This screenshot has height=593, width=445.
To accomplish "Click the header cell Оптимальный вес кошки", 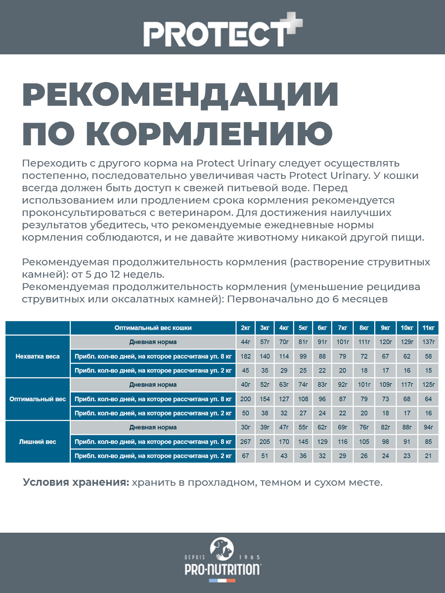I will click(x=153, y=328).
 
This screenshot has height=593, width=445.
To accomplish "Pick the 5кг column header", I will click(x=303, y=328).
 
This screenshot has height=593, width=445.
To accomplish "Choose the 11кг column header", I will click(x=428, y=328).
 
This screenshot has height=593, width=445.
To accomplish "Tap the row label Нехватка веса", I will click(x=38, y=356).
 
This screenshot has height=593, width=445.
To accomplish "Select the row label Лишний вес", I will click(x=38, y=442).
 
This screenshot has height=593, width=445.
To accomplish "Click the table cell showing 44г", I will click(x=245, y=342).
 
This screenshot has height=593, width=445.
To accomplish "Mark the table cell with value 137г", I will click(x=428, y=342).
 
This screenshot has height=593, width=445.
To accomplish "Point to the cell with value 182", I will click(x=245, y=356).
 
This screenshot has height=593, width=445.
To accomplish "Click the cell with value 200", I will click(x=245, y=399).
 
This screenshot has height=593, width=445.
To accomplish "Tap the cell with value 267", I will click(x=245, y=442).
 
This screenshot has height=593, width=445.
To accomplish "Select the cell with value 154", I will click(x=265, y=399).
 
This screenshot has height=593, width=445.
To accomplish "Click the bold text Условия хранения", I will click(x=76, y=482).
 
